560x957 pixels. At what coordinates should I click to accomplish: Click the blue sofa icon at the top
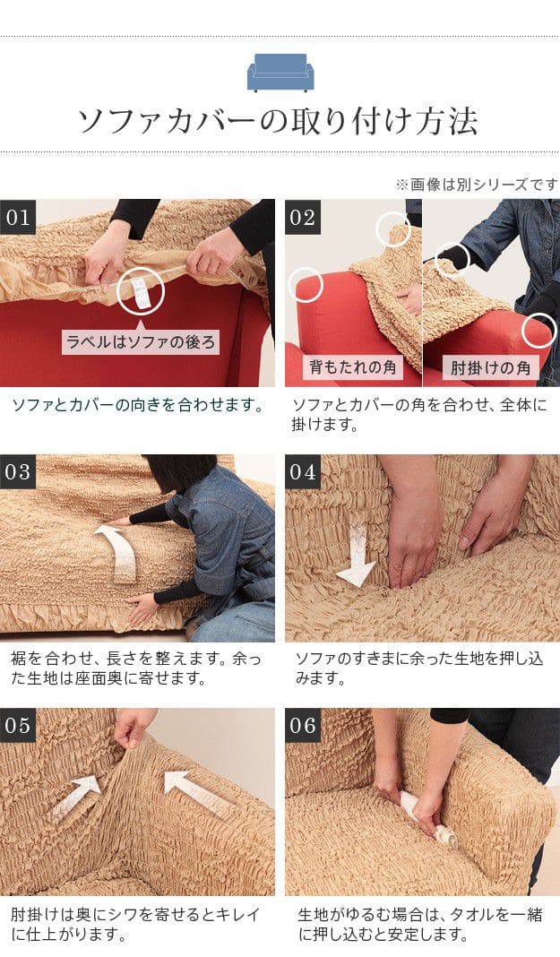tap(280, 72)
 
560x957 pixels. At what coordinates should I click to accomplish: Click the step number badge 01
tap(18, 217)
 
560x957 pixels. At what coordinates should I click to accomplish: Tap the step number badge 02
tap(303, 217)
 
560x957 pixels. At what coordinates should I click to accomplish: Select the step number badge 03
tap(18, 471)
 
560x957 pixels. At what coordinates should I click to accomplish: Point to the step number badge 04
tap(303, 471)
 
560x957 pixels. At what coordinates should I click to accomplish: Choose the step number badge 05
tap(18, 725)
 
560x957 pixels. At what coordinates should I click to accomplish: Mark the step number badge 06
tap(303, 725)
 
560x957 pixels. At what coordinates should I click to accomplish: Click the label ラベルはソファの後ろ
tap(141, 342)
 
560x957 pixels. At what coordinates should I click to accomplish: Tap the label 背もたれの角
tap(353, 367)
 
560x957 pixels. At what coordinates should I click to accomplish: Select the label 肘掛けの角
tap(490, 367)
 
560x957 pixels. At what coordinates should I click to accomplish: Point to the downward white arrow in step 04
tap(357, 556)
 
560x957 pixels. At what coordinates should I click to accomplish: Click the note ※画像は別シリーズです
tap(477, 185)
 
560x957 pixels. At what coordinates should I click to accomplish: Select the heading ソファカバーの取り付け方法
tap(278, 121)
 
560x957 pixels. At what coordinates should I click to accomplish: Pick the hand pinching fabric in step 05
tap(134, 727)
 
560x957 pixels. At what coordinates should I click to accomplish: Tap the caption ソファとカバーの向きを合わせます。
tap(139, 405)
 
